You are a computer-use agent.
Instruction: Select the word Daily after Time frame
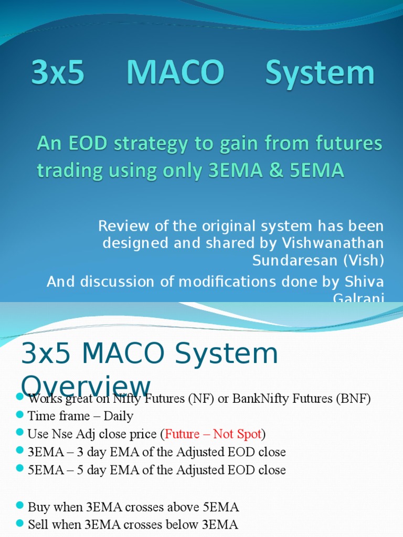(x=117, y=416)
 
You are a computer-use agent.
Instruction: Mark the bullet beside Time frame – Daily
(x=20, y=416)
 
